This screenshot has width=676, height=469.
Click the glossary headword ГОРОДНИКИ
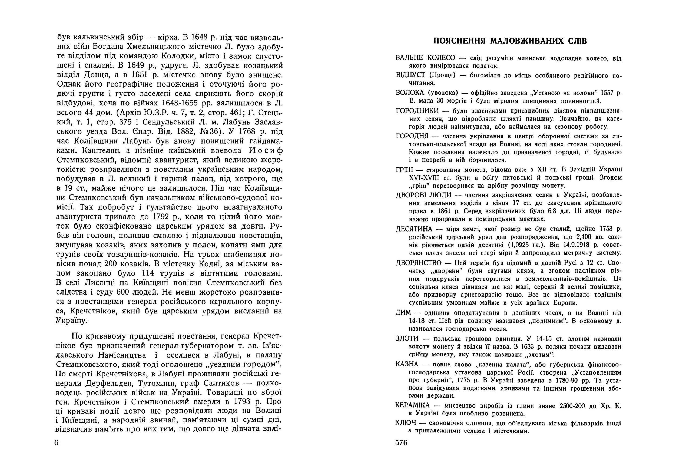pos(417,111)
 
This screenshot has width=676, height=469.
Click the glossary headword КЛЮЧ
pos(406,423)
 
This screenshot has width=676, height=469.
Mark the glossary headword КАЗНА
pos(407,364)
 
